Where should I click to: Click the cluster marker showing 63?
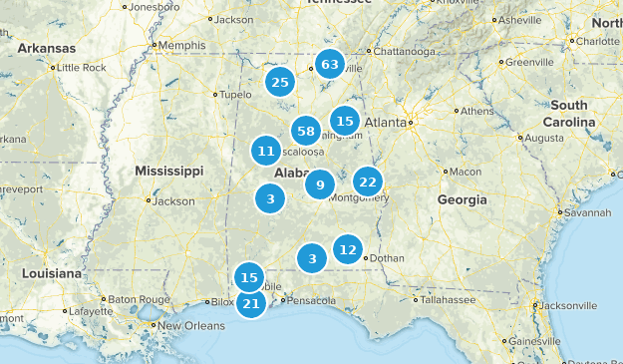tap(329, 66)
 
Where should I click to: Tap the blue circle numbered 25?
tap(280, 82)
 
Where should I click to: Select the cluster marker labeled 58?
tap(306, 131)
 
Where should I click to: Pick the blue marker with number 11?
tap(265, 152)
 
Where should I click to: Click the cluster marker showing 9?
tap(319, 184)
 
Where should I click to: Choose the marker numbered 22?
tap(367, 182)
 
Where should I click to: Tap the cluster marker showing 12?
tap(347, 249)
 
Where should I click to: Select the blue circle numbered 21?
tap(250, 303)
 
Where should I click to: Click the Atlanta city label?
tap(386, 123)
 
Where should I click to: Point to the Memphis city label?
tap(180, 45)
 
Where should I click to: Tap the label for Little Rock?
tap(82, 68)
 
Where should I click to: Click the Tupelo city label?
tap(235, 95)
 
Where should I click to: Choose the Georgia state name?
tap(462, 199)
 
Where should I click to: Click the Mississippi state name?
tap(169, 170)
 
